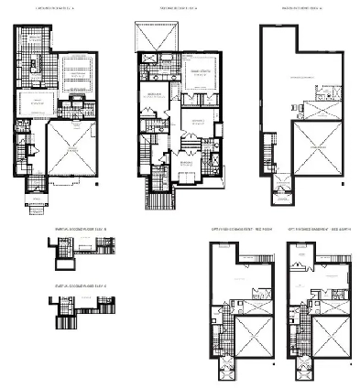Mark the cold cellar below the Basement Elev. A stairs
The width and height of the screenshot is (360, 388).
280,194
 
